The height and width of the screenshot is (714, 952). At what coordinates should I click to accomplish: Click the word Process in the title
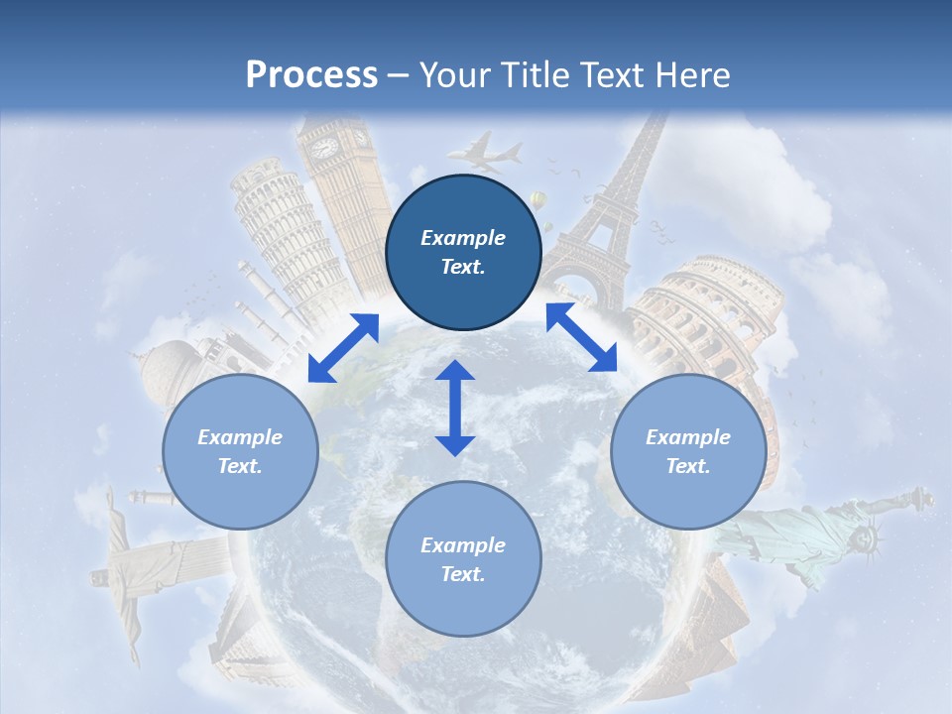coord(311,75)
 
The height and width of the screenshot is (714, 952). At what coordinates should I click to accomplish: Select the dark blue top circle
coord(463,252)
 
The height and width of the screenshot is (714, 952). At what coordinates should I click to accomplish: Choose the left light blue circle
coord(240,451)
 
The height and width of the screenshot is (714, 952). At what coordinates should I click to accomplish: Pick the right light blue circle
coord(687,451)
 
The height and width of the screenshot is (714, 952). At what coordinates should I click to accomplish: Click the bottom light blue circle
coord(463,559)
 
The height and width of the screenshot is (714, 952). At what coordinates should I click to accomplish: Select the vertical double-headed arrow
coord(455,408)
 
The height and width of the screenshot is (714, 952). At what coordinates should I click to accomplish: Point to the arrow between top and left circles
coord(343,347)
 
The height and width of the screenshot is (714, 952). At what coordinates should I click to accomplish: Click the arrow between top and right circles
coord(581,337)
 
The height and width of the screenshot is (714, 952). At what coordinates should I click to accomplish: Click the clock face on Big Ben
coord(325,148)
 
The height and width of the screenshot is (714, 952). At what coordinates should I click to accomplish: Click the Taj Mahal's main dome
coord(172,363)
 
